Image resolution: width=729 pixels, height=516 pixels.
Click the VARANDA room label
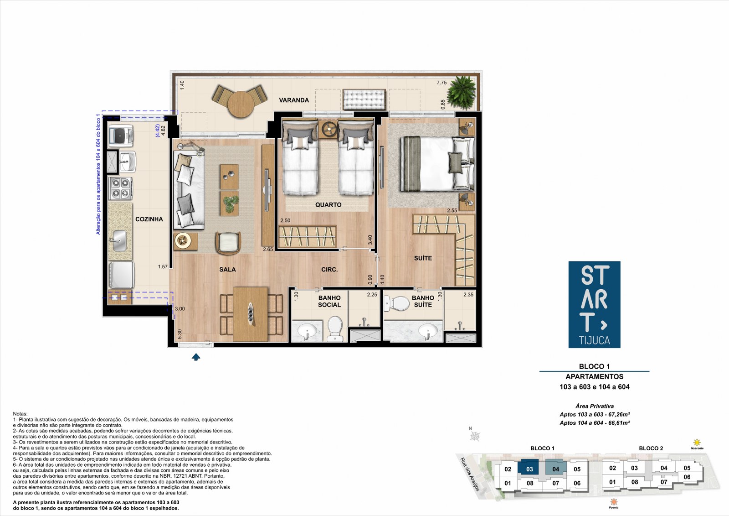(x=294, y=100)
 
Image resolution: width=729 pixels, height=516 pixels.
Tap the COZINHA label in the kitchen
(x=149, y=219)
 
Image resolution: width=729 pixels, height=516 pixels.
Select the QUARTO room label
(x=329, y=205)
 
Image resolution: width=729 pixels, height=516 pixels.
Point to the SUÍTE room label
(x=423, y=258)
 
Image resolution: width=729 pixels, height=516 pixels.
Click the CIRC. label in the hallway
(x=329, y=270)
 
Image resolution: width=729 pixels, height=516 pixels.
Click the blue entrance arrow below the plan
(x=196, y=357)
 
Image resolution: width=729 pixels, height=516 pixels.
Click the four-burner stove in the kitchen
(x=121, y=188)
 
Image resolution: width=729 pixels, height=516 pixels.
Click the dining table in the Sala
(x=251, y=314)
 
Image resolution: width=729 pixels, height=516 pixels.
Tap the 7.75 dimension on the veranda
(x=442, y=83)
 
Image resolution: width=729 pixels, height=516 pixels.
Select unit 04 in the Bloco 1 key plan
(x=555, y=469)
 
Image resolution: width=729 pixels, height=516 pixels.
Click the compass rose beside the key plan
(x=475, y=436)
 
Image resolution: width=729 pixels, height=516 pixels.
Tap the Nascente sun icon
(x=697, y=443)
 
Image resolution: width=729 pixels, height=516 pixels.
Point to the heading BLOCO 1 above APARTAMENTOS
(x=594, y=366)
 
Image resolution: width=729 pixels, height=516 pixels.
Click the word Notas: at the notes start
(x=20, y=414)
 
